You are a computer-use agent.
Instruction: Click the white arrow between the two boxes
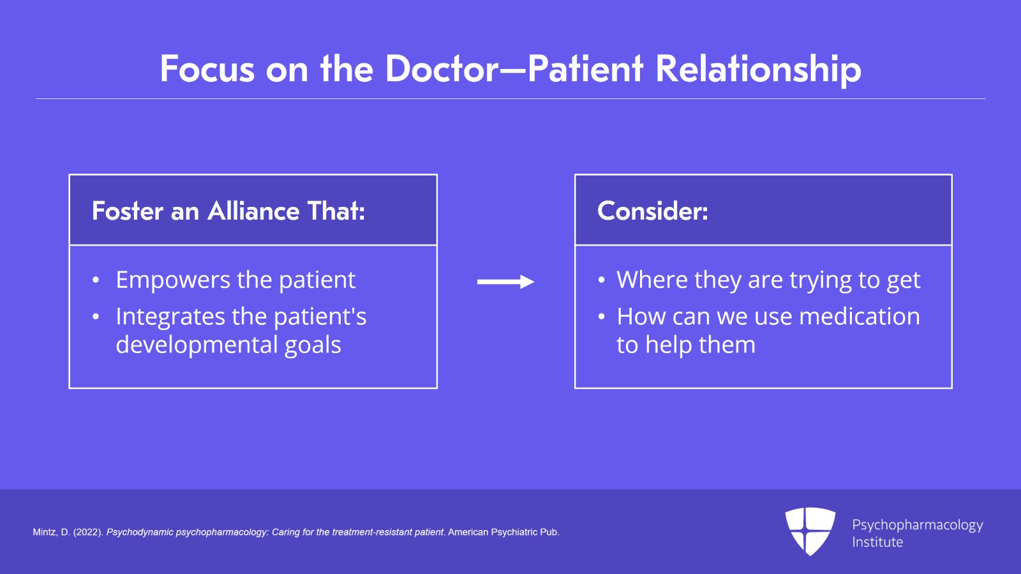505,282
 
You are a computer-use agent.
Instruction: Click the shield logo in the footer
810,531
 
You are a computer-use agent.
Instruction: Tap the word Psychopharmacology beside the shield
917,525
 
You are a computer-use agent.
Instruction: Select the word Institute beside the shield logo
877,542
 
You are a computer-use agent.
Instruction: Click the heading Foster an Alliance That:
228,211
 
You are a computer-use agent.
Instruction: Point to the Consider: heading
652,211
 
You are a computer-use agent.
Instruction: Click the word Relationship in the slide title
758,69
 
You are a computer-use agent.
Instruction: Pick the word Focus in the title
207,69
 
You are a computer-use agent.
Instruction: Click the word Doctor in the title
442,69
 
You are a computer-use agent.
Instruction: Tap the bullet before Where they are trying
601,280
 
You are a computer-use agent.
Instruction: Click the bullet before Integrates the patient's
96,317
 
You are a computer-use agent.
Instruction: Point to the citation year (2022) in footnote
88,532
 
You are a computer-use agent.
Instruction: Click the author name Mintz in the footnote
44,532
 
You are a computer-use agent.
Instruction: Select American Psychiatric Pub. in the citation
503,532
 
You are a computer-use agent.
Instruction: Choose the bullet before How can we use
601,317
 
